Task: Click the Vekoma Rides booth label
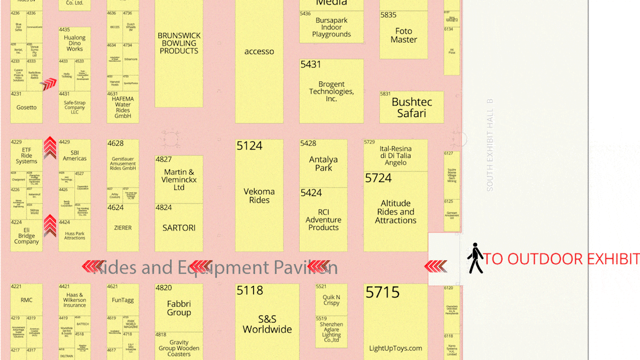tap(259, 195)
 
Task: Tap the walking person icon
tap(475, 258)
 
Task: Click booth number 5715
tap(382, 292)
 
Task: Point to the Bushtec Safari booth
tap(411, 107)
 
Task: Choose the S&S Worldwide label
tap(267, 324)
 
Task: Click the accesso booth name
tap(259, 51)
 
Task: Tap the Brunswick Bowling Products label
tap(179, 43)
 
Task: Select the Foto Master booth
tap(403, 35)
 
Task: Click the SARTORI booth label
tap(179, 227)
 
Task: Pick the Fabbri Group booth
tap(179, 308)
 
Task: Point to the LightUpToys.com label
tap(395, 348)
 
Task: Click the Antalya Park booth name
tap(323, 163)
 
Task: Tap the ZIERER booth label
tap(122, 227)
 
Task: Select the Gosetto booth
tap(26, 107)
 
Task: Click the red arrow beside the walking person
tap(435, 266)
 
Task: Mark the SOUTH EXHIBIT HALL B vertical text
tap(490, 145)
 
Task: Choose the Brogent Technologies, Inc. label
tap(331, 91)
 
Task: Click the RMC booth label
tap(26, 300)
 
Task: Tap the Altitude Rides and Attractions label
tap(395, 211)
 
